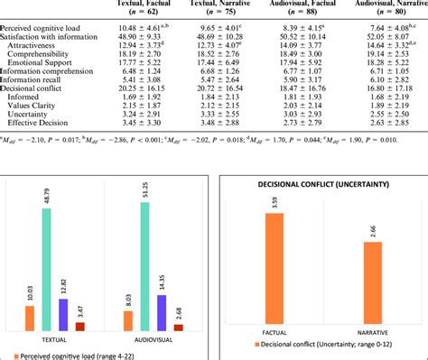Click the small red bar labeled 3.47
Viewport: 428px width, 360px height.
83,327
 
